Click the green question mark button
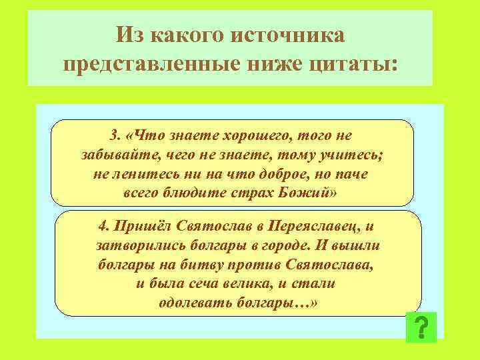click(421, 327)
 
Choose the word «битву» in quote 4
click(205, 265)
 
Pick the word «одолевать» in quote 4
click(193, 302)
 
